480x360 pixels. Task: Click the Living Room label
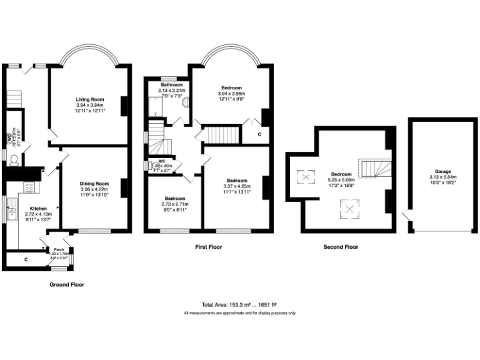90,99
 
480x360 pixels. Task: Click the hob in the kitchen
29,187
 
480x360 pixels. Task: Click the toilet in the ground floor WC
13,161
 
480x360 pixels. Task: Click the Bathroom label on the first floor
171,85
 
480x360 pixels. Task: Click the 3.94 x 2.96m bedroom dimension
231,94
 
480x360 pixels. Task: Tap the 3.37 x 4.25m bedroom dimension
237,186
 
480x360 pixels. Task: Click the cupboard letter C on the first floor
259,135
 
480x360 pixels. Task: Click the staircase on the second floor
374,168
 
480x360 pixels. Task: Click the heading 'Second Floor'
341,247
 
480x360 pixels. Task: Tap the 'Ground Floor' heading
66,284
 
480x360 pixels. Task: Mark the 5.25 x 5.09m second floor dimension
341,180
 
